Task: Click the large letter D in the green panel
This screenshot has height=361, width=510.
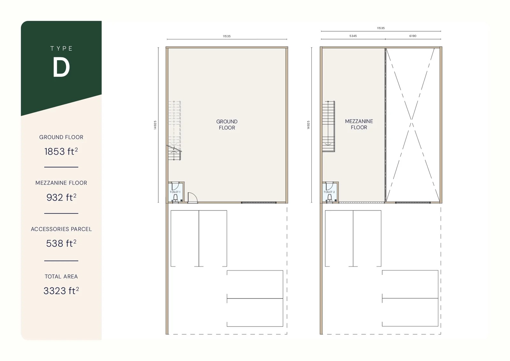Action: coord(61,67)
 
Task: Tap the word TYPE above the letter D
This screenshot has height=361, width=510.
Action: coord(61,48)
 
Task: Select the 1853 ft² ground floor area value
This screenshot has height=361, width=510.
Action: coord(61,151)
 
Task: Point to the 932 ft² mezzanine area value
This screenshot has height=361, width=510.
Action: coord(61,197)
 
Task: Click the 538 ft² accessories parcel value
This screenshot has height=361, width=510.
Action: coord(61,243)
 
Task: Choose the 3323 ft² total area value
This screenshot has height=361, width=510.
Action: coord(61,291)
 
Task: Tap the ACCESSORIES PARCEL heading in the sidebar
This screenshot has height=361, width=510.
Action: coord(61,229)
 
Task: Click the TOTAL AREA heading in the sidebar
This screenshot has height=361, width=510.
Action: coord(61,276)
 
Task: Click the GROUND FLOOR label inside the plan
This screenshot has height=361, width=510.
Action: coord(227,124)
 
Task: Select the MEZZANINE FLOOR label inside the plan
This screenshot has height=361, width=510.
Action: coord(359,124)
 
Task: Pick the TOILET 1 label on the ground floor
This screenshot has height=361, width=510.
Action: coord(175,192)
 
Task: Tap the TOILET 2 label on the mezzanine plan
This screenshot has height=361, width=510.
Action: coord(329,192)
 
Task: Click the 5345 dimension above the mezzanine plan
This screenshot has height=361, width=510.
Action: coord(353,36)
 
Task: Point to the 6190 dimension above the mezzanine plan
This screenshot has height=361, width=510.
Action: coord(413,36)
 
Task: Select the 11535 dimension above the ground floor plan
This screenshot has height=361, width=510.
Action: coord(227,36)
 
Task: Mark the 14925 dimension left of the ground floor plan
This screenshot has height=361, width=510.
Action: coord(155,125)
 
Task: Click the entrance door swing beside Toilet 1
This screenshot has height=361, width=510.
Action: coord(192,198)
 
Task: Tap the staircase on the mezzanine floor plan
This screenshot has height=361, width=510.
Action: coord(328,126)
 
